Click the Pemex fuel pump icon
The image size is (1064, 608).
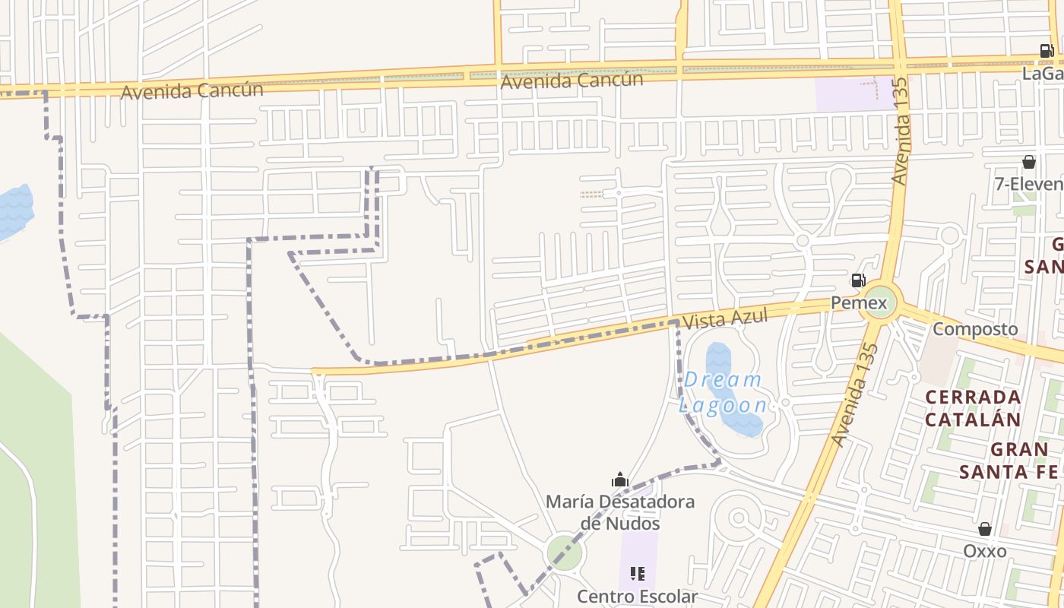pyautogui.click(x=858, y=280)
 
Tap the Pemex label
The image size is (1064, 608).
pyautogui.click(x=859, y=303)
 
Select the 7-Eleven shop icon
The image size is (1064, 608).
pyautogui.click(x=1028, y=162)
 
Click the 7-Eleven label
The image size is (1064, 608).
pyautogui.click(x=1030, y=184)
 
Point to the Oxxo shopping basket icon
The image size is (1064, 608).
pyautogui.click(x=985, y=529)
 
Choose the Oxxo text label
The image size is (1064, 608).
pyautogui.click(x=985, y=551)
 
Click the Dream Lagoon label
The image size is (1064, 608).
pyautogui.click(x=722, y=391)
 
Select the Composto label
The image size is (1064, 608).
pyautogui.click(x=975, y=329)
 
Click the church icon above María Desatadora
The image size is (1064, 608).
pyautogui.click(x=620, y=480)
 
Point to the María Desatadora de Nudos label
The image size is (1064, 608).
pyautogui.click(x=620, y=512)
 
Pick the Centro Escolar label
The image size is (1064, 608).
pyautogui.click(x=636, y=596)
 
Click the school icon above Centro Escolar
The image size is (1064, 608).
pyautogui.click(x=637, y=574)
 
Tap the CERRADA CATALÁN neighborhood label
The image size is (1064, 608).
pyautogui.click(x=973, y=408)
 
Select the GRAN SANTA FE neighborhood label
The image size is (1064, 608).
pyautogui.click(x=1008, y=461)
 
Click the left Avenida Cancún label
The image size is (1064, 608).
pyautogui.click(x=192, y=90)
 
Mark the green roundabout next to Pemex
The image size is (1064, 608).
pyautogui.click(x=879, y=302)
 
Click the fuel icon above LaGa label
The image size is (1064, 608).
pyautogui.click(x=1047, y=51)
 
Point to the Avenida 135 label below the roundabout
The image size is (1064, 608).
pyautogui.click(x=855, y=395)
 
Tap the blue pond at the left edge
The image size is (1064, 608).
pyautogui.click(x=14, y=211)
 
